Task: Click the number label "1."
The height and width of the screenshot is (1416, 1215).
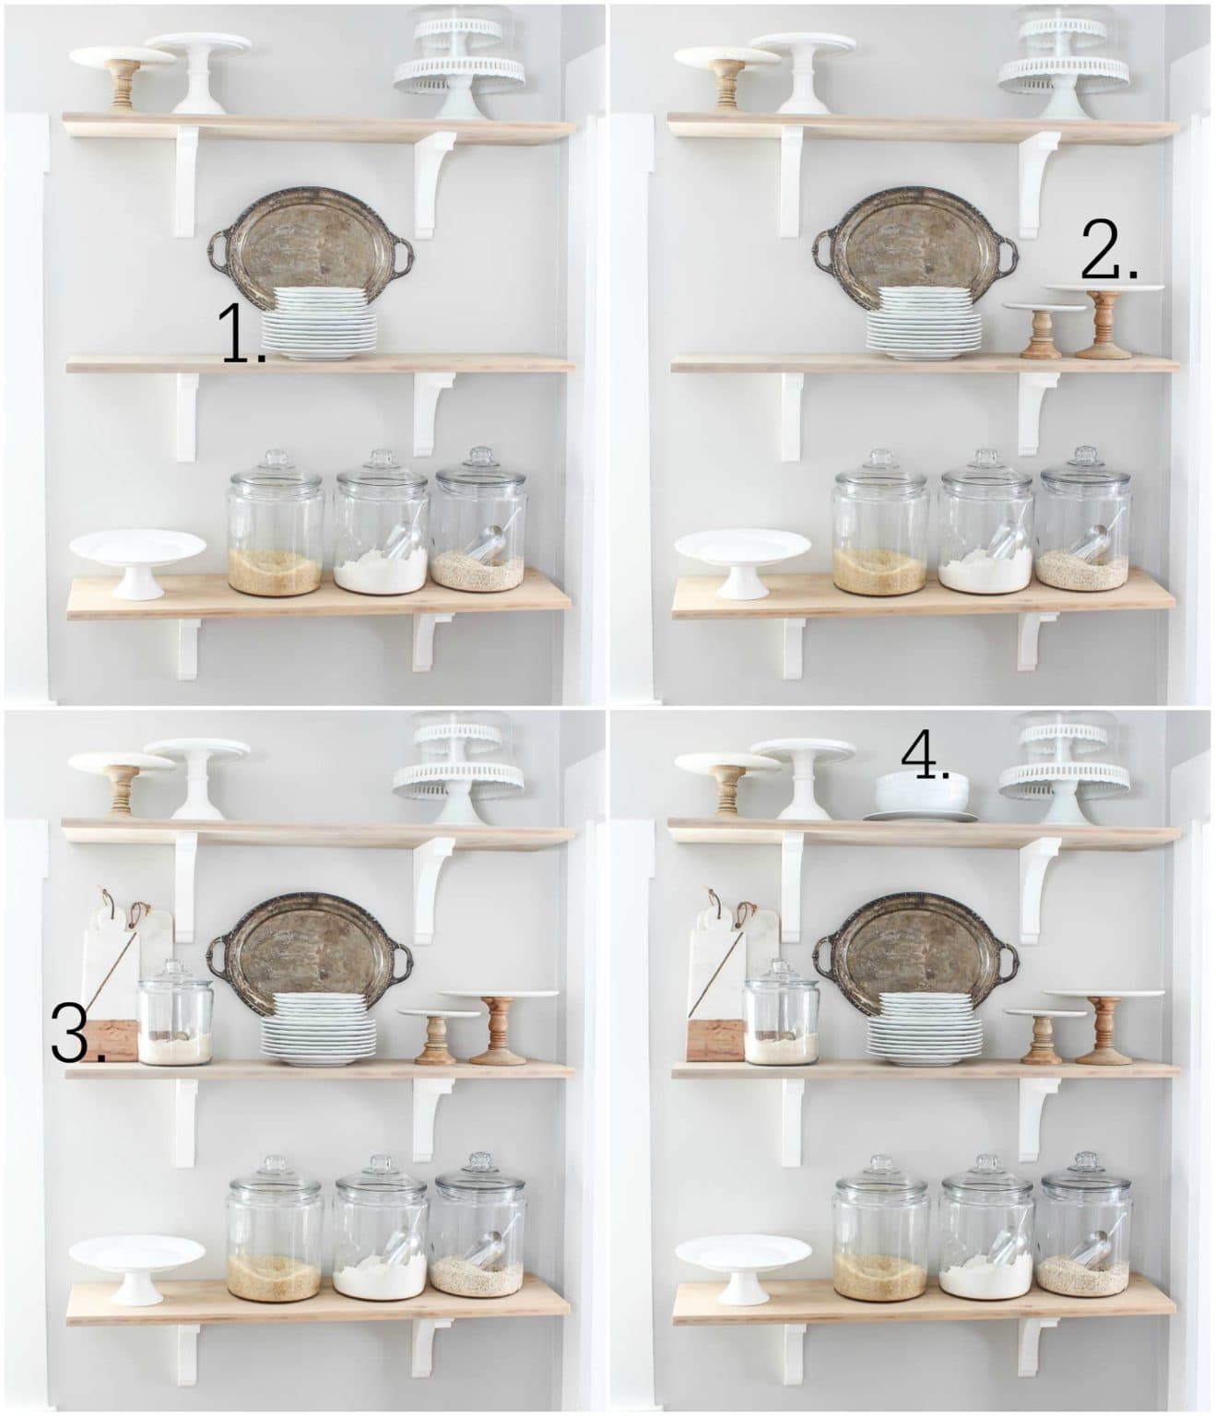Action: [x=242, y=334]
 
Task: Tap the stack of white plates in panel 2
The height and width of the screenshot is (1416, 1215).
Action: [x=924, y=320]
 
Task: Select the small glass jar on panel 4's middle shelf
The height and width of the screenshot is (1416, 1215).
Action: [x=782, y=1012]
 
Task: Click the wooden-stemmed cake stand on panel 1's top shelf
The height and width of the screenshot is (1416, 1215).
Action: [x=124, y=74]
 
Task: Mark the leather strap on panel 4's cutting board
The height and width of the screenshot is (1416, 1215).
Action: [x=712, y=899]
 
